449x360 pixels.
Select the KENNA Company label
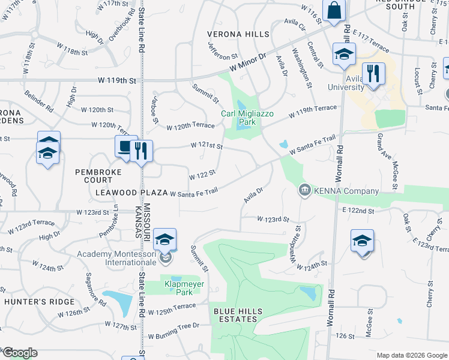[x=346, y=191]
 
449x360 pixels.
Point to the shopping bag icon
[x=333, y=10]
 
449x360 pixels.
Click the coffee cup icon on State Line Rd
[x=125, y=146]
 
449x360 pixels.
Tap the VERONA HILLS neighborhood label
[x=238, y=34]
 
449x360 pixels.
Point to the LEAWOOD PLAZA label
[x=131, y=193]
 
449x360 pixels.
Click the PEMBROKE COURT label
[x=98, y=176]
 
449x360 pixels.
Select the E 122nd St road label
[x=358, y=211]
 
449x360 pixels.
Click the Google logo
[x=19, y=353]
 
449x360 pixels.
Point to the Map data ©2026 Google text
[x=411, y=355]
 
